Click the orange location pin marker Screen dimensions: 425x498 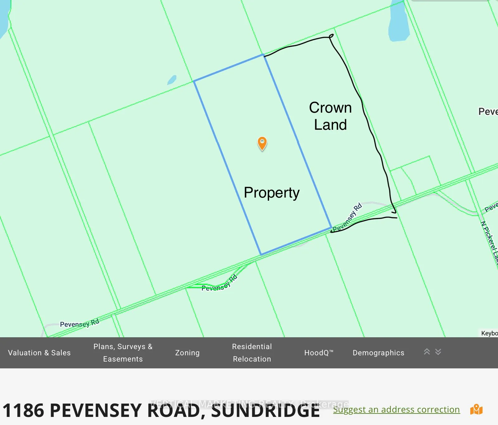(262, 143)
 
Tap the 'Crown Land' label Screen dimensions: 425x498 (330, 116)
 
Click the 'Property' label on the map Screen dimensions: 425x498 (272, 193)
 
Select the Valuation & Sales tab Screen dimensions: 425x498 (39, 353)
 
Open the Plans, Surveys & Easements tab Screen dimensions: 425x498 (123, 353)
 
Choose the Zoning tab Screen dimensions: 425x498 (187, 353)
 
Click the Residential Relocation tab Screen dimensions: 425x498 (252, 353)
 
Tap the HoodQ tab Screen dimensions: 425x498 (319, 353)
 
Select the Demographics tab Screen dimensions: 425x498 (378, 353)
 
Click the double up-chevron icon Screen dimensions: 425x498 (427, 352)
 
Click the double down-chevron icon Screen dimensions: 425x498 (438, 352)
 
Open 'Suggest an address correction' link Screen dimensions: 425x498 (396, 410)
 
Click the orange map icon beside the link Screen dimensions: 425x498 (476, 410)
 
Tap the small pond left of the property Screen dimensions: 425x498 (172, 80)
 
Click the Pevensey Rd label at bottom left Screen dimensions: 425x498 (79, 323)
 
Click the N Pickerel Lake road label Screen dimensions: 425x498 (490, 243)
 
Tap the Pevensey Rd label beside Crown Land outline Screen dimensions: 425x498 (347, 217)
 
